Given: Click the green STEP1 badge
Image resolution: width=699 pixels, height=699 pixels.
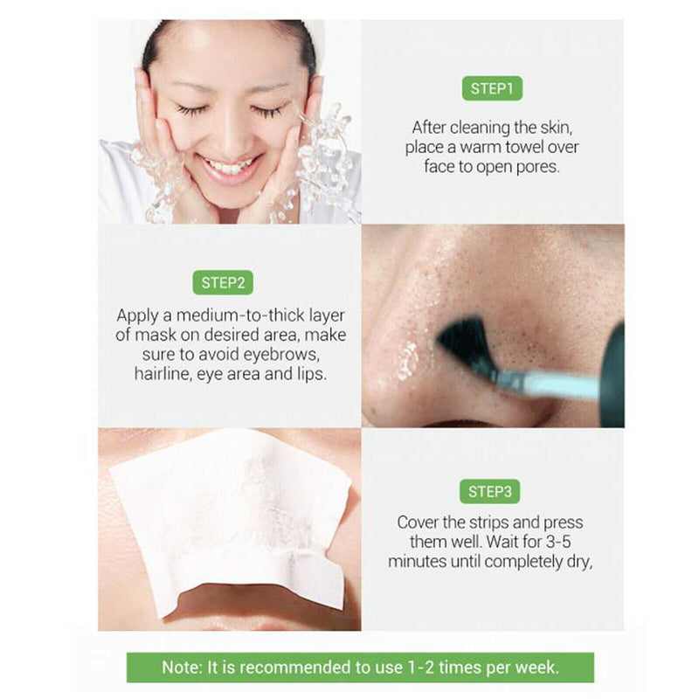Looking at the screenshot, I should (x=491, y=88).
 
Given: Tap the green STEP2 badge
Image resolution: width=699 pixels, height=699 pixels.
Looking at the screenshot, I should (x=222, y=282).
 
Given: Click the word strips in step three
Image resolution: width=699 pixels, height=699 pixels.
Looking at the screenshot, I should (x=480, y=522).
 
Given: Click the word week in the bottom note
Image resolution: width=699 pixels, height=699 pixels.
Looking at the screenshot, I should (x=536, y=667).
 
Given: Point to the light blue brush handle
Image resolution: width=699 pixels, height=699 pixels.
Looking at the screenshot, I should (x=559, y=385).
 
